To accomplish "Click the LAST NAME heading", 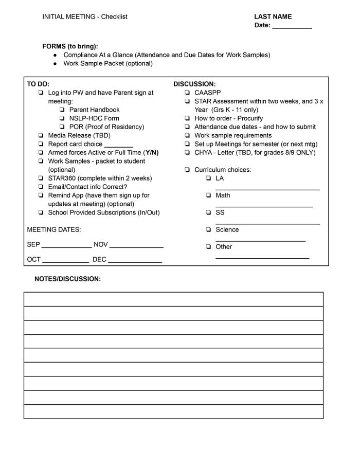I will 273,17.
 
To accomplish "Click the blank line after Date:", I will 292,26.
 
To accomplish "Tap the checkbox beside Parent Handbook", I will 62,110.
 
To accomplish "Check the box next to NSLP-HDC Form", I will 62,118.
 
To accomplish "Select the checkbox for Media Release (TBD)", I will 41,136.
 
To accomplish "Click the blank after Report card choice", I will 118,145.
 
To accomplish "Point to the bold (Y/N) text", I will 152,153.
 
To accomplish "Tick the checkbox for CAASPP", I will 187,93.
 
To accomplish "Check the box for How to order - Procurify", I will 187,119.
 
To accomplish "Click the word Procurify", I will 250,118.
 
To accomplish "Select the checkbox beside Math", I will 208,195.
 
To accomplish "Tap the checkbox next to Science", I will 208,230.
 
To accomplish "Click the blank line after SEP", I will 66,246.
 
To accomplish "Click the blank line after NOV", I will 136,246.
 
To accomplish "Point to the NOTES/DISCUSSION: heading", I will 67,279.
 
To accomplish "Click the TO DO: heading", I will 38,84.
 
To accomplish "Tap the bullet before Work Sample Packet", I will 55,64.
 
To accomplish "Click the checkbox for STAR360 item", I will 41,178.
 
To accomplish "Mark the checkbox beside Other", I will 208,247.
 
